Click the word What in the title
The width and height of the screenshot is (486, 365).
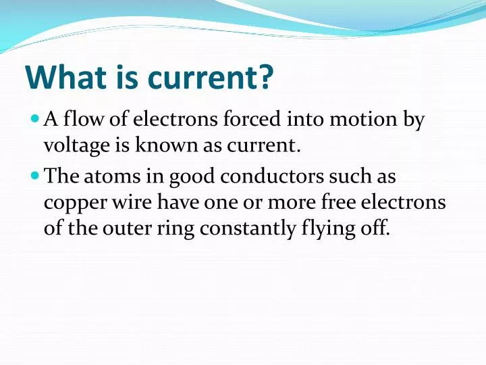point(61,78)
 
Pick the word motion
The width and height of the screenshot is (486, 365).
point(360,120)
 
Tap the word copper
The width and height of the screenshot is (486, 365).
point(75,203)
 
